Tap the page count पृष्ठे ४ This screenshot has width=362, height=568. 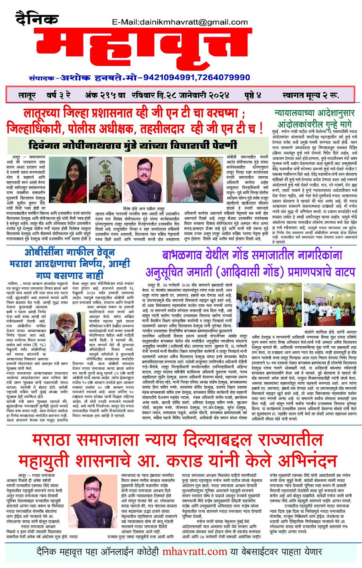[x=252, y=95]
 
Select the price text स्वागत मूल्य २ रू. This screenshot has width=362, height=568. [x=310, y=95]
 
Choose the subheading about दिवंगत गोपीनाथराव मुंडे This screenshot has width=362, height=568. [x=133, y=146]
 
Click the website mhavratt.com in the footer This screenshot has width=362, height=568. [x=195, y=552]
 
